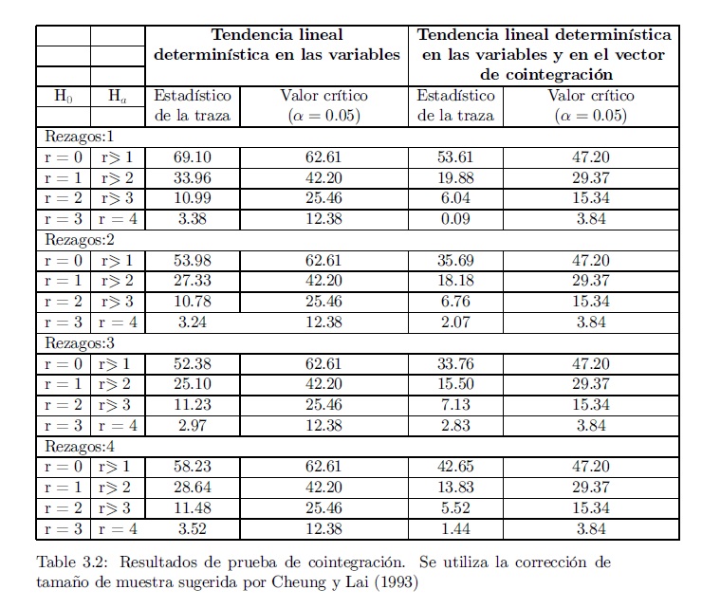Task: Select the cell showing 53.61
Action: tap(455, 157)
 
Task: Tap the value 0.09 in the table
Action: tap(455, 220)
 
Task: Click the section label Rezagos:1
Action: tap(80, 137)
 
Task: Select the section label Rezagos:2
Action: tap(80, 240)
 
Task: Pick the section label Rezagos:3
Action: tap(80, 343)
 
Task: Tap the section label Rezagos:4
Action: tap(80, 446)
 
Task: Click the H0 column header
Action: tap(63, 96)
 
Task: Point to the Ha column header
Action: tap(117, 96)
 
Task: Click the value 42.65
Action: tap(455, 468)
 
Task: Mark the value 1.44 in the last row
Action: tap(455, 529)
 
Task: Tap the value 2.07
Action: tap(455, 322)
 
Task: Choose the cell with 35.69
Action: tap(455, 261)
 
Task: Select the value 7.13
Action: tap(455, 405)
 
